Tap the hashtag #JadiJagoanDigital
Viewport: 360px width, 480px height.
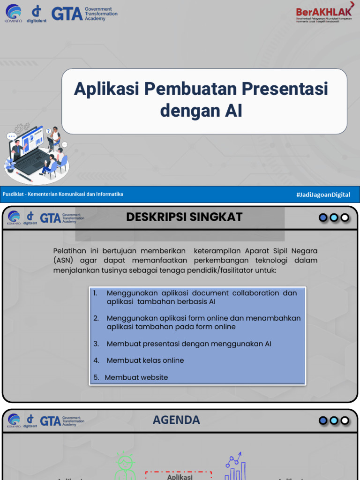point(323,195)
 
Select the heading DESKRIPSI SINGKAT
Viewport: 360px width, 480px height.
point(184,217)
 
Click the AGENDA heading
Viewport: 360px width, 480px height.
point(176,420)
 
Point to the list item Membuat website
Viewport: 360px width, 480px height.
point(136,377)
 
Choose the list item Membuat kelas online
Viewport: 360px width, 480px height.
point(145,360)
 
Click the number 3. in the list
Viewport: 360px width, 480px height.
point(96,344)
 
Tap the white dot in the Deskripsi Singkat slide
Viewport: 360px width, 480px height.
point(345,217)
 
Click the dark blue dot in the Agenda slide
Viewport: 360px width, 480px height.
point(323,420)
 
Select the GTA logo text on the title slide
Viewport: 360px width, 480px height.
point(67,14)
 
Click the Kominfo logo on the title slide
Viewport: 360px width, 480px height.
point(13,13)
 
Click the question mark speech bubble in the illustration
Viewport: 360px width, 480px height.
point(48,131)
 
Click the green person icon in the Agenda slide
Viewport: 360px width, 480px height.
point(125,466)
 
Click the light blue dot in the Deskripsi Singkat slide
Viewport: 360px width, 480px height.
point(334,217)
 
